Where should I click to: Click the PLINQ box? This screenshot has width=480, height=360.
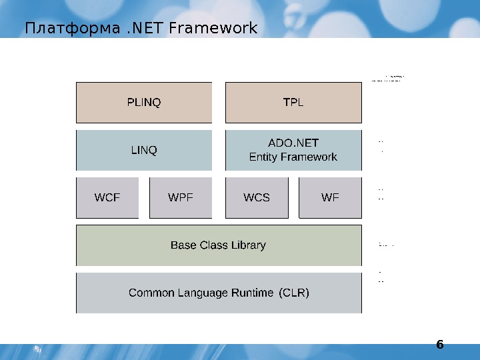pos(144,103)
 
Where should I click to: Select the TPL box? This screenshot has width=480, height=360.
pos(293,103)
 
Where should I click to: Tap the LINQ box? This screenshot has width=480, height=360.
pos(144,151)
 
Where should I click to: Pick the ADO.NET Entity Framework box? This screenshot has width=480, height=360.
pos(293,151)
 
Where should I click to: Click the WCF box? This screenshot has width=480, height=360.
pos(107,198)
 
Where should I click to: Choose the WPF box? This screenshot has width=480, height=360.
pos(181,198)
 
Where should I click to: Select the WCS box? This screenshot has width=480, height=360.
pos(257,198)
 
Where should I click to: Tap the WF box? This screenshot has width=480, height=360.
pos(330,198)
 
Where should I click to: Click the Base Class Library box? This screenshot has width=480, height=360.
pos(219,245)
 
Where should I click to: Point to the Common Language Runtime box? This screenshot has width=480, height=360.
pos(219,293)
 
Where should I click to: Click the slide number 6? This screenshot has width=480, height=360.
pos(439,345)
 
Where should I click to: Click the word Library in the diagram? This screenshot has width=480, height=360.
pos(248,245)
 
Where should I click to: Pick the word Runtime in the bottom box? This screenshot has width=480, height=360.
pos(251,293)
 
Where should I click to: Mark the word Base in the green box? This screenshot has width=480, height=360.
pos(183,245)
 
